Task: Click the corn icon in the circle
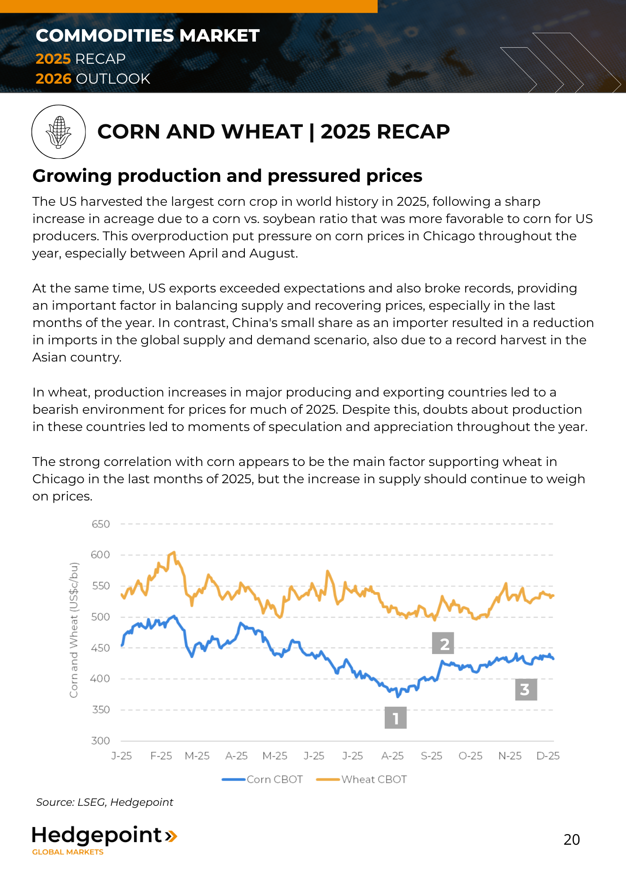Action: (58, 131)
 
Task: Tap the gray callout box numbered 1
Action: (395, 717)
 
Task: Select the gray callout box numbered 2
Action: (443, 643)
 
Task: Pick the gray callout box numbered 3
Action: (526, 689)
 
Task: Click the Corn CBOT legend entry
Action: (263, 779)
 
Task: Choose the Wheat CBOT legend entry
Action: (362, 779)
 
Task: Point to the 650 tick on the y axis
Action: (100, 524)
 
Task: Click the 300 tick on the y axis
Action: (100, 741)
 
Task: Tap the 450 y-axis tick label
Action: (100, 648)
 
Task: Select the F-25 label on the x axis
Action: (161, 756)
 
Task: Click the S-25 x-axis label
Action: (432, 756)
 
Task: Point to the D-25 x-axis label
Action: (548, 756)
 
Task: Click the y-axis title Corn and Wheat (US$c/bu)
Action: (74, 630)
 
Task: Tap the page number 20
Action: (572, 839)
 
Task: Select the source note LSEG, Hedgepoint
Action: (104, 802)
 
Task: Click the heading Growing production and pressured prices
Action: (227, 176)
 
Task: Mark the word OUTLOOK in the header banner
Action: (113, 79)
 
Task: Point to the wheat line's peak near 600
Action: (174, 552)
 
